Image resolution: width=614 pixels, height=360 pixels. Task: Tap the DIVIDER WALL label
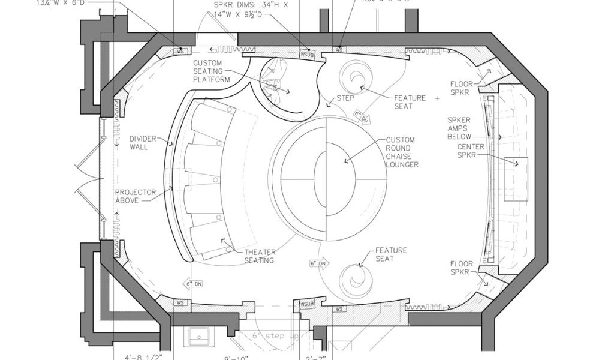click(143, 143)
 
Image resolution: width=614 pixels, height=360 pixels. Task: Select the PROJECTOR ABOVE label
click(136, 196)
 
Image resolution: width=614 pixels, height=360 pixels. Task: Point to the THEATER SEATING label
click(260, 256)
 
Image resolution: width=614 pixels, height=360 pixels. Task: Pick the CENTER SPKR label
click(471, 151)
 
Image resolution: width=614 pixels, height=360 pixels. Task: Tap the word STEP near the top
click(345, 97)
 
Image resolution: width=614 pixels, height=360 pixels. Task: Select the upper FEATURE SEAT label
click(410, 102)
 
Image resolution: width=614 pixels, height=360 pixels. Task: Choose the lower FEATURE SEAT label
click(391, 254)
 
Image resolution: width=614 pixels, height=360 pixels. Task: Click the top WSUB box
click(307, 54)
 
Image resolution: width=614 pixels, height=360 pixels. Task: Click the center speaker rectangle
click(516, 179)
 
